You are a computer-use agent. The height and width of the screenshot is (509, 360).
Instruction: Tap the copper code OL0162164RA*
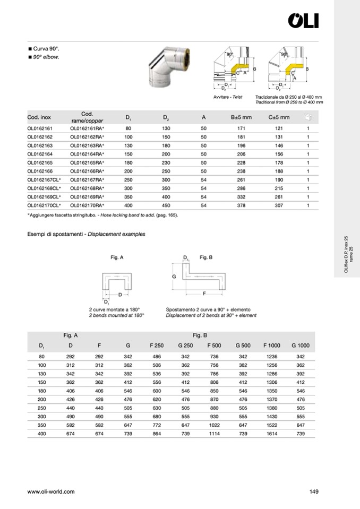click(x=87, y=154)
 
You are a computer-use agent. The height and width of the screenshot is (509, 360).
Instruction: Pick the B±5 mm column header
click(x=241, y=117)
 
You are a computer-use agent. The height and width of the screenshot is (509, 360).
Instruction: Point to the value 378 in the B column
click(x=241, y=205)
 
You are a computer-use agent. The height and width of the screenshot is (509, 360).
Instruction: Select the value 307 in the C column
click(x=278, y=205)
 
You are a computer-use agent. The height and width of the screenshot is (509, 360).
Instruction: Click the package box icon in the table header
click(x=308, y=117)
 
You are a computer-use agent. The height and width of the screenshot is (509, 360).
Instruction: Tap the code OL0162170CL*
click(x=44, y=205)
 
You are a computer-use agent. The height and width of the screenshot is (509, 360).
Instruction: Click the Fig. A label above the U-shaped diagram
click(x=117, y=257)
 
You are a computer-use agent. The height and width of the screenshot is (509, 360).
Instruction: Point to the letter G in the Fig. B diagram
click(x=174, y=277)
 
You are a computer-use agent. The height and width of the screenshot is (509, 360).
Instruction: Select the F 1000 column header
click(x=272, y=346)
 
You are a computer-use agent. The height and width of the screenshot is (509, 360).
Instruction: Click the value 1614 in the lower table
click(x=272, y=434)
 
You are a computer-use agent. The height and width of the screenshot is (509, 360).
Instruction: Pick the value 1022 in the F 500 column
click(x=215, y=426)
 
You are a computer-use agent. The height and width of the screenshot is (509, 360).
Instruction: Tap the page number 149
click(x=313, y=491)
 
